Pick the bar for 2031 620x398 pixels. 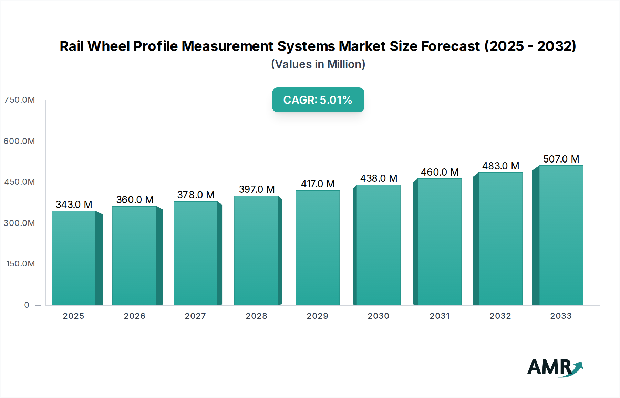point(440,242)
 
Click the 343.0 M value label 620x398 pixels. point(74,205)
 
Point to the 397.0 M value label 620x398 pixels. point(257,189)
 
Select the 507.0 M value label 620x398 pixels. point(561,159)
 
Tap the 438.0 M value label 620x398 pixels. point(379,178)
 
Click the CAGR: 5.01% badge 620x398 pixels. point(318,100)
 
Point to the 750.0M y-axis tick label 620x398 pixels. point(20,100)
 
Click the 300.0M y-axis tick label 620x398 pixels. point(20,223)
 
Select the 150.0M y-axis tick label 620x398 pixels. point(21,264)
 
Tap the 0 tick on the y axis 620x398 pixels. point(27,305)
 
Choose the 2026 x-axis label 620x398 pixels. point(135,316)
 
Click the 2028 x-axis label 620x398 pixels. point(257,316)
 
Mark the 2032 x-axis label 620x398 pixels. point(500,316)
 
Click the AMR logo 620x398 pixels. point(555,367)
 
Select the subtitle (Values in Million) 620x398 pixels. point(318,64)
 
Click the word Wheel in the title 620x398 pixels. point(108,46)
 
